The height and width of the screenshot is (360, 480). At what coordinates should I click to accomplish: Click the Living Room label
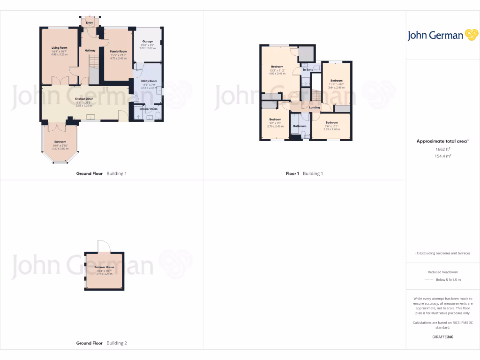(60, 48)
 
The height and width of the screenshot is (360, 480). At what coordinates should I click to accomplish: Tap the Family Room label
(118, 51)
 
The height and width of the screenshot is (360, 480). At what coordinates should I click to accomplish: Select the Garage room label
(148, 42)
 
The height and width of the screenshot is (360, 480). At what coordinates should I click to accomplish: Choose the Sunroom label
(60, 142)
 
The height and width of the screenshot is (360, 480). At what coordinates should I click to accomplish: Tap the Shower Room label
(149, 109)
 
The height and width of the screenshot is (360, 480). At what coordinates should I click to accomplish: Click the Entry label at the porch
(90, 22)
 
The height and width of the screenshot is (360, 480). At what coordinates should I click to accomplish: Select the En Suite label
(307, 70)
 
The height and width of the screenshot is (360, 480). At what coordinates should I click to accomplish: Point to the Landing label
(315, 107)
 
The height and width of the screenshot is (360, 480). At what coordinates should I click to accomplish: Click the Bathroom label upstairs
(300, 126)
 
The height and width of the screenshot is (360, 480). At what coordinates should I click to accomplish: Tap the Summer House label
(104, 267)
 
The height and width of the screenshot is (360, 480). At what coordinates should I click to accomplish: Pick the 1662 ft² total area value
(443, 149)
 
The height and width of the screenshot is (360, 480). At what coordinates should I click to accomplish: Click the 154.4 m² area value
(443, 156)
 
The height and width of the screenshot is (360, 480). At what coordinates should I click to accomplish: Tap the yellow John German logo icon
(471, 35)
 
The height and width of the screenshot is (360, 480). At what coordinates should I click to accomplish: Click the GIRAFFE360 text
(443, 337)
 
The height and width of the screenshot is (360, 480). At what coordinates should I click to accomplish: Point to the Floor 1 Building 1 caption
(304, 173)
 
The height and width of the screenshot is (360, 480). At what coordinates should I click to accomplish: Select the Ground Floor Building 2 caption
(102, 343)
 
